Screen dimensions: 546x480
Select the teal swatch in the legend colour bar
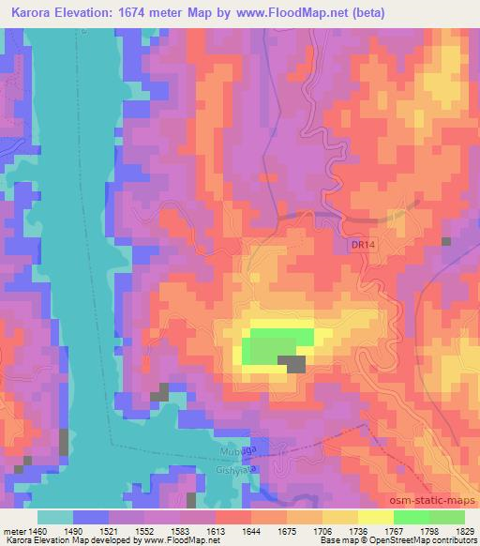tap(55, 516)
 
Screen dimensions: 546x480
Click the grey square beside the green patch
tap(295, 364)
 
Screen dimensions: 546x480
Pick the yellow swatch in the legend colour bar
tap(375, 516)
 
